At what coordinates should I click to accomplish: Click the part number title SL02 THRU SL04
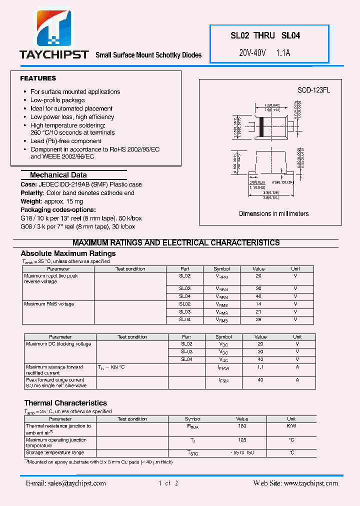[265, 35]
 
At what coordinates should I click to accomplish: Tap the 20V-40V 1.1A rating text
[265, 52]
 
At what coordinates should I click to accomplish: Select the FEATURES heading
[38, 78]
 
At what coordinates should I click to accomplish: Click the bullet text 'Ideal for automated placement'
[71, 108]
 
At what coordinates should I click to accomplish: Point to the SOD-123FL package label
[313, 90]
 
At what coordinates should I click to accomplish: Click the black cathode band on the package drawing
[261, 127]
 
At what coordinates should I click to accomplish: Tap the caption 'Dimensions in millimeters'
[273, 213]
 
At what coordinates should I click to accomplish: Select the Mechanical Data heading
[58, 175]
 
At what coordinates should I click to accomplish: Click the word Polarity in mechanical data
[31, 193]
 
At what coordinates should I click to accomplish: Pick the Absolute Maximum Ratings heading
[68, 253]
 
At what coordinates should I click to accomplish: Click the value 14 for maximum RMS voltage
[258, 304]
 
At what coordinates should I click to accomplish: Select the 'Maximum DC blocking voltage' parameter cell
[58, 344]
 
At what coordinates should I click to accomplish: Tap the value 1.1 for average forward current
[260, 367]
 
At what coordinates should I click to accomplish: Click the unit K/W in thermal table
[291, 426]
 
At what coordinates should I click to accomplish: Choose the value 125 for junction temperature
[242, 440]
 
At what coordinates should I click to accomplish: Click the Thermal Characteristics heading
[65, 403]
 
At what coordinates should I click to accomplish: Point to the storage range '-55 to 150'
[242, 452]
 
